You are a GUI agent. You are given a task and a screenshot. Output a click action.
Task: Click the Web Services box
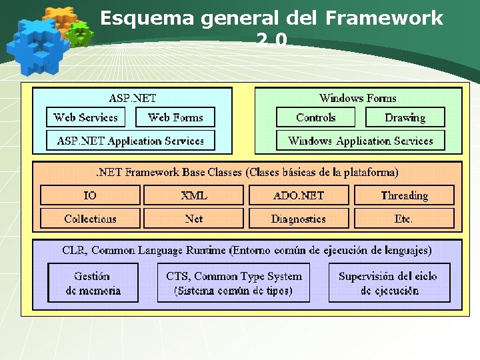(85, 117)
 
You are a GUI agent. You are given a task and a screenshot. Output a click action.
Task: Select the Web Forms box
(175, 117)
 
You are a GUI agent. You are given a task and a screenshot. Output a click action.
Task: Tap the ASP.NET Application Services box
(131, 141)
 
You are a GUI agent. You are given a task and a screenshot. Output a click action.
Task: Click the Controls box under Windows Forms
(316, 117)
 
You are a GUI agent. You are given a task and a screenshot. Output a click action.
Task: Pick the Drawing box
(405, 117)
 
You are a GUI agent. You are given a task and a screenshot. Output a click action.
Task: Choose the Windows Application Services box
(361, 141)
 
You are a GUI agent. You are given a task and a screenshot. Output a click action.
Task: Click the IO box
(90, 195)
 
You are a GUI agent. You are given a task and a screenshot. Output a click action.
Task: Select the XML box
(194, 195)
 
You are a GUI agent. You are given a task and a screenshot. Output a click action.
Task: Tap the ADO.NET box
(299, 195)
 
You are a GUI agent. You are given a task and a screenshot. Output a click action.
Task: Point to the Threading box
(404, 195)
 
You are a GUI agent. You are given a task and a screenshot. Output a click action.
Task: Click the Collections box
(90, 219)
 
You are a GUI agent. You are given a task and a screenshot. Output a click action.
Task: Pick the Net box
(194, 219)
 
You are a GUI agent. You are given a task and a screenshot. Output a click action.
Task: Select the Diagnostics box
(299, 219)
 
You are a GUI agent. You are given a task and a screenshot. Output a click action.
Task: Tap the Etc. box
(404, 219)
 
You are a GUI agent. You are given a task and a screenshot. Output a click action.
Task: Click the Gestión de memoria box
(93, 283)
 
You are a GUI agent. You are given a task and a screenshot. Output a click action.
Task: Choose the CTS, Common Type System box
(233, 283)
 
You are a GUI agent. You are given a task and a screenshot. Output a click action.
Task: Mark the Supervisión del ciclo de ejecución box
(389, 283)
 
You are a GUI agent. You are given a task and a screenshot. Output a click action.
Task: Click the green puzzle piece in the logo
(80, 33)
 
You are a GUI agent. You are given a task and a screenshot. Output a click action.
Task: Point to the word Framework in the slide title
(384, 18)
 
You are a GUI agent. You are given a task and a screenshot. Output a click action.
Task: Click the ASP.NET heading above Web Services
(133, 98)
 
